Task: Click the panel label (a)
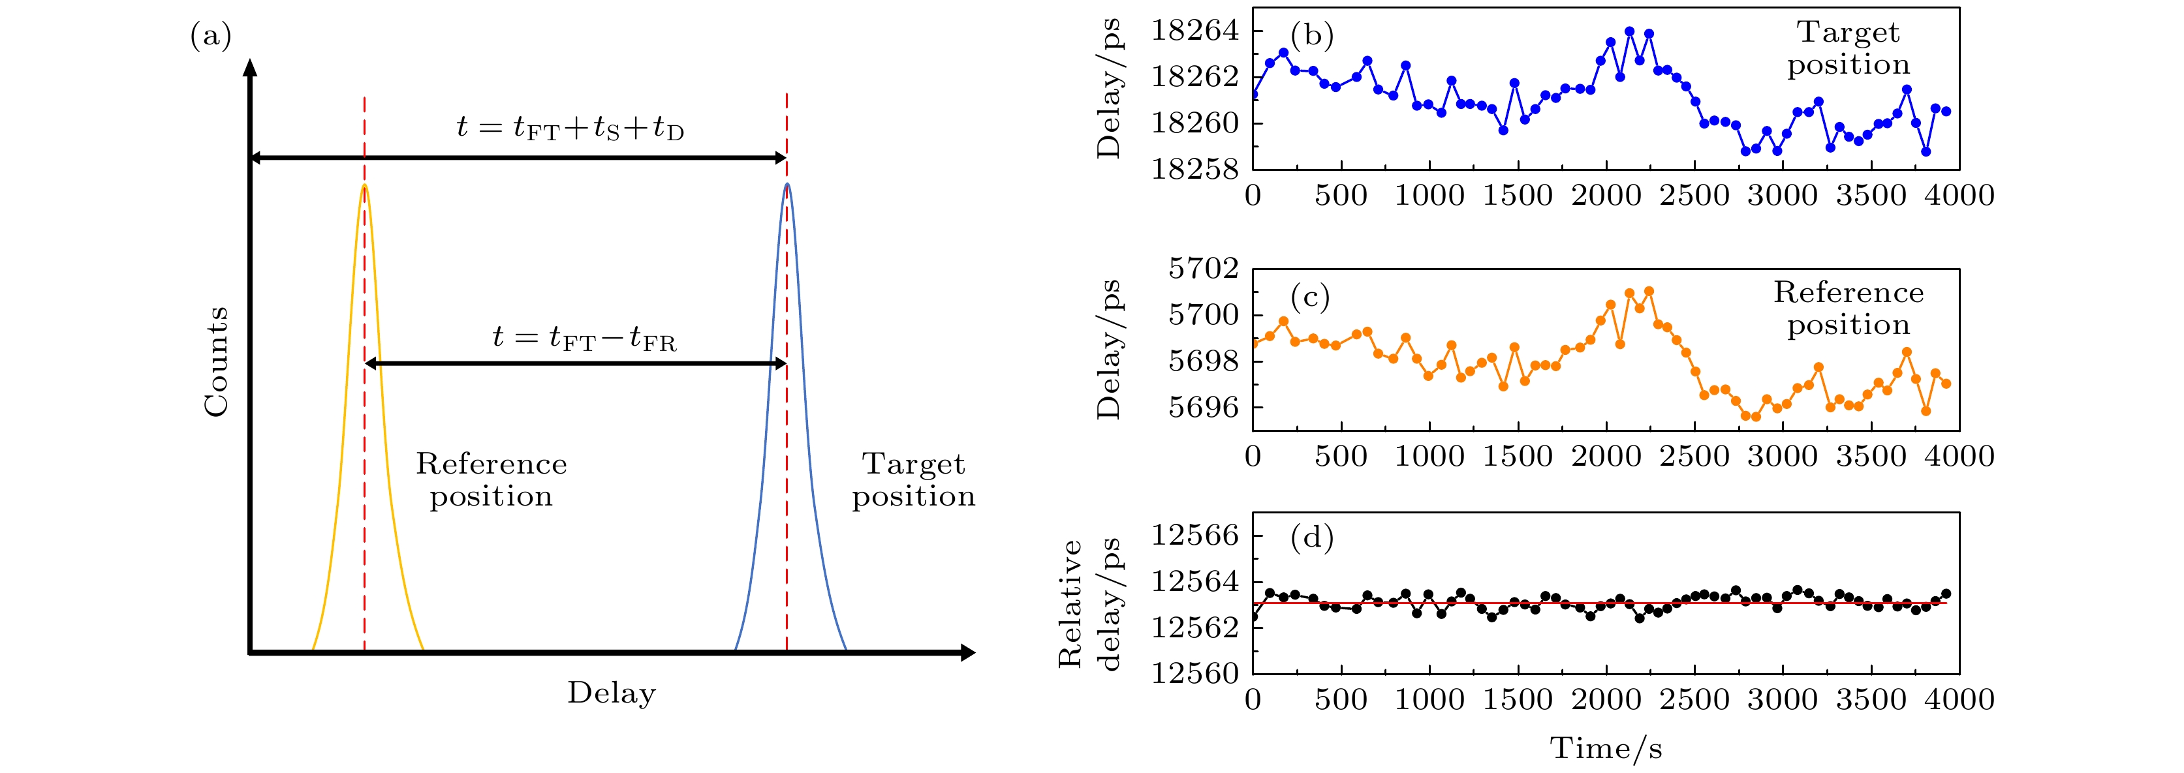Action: click(x=210, y=36)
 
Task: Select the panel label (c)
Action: click(x=1310, y=297)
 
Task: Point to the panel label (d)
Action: click(x=1311, y=538)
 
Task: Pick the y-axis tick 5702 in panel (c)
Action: click(x=1203, y=269)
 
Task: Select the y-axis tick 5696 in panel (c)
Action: click(x=1203, y=408)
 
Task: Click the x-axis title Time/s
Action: click(x=1606, y=748)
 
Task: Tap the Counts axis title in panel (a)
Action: click(x=216, y=362)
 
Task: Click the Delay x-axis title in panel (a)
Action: click(x=612, y=693)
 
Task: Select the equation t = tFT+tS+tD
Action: click(x=570, y=128)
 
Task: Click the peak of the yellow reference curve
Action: click(x=365, y=185)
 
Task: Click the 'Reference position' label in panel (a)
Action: click(x=491, y=479)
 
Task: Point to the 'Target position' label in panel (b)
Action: click(x=1849, y=48)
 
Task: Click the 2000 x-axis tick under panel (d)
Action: click(x=1606, y=700)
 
